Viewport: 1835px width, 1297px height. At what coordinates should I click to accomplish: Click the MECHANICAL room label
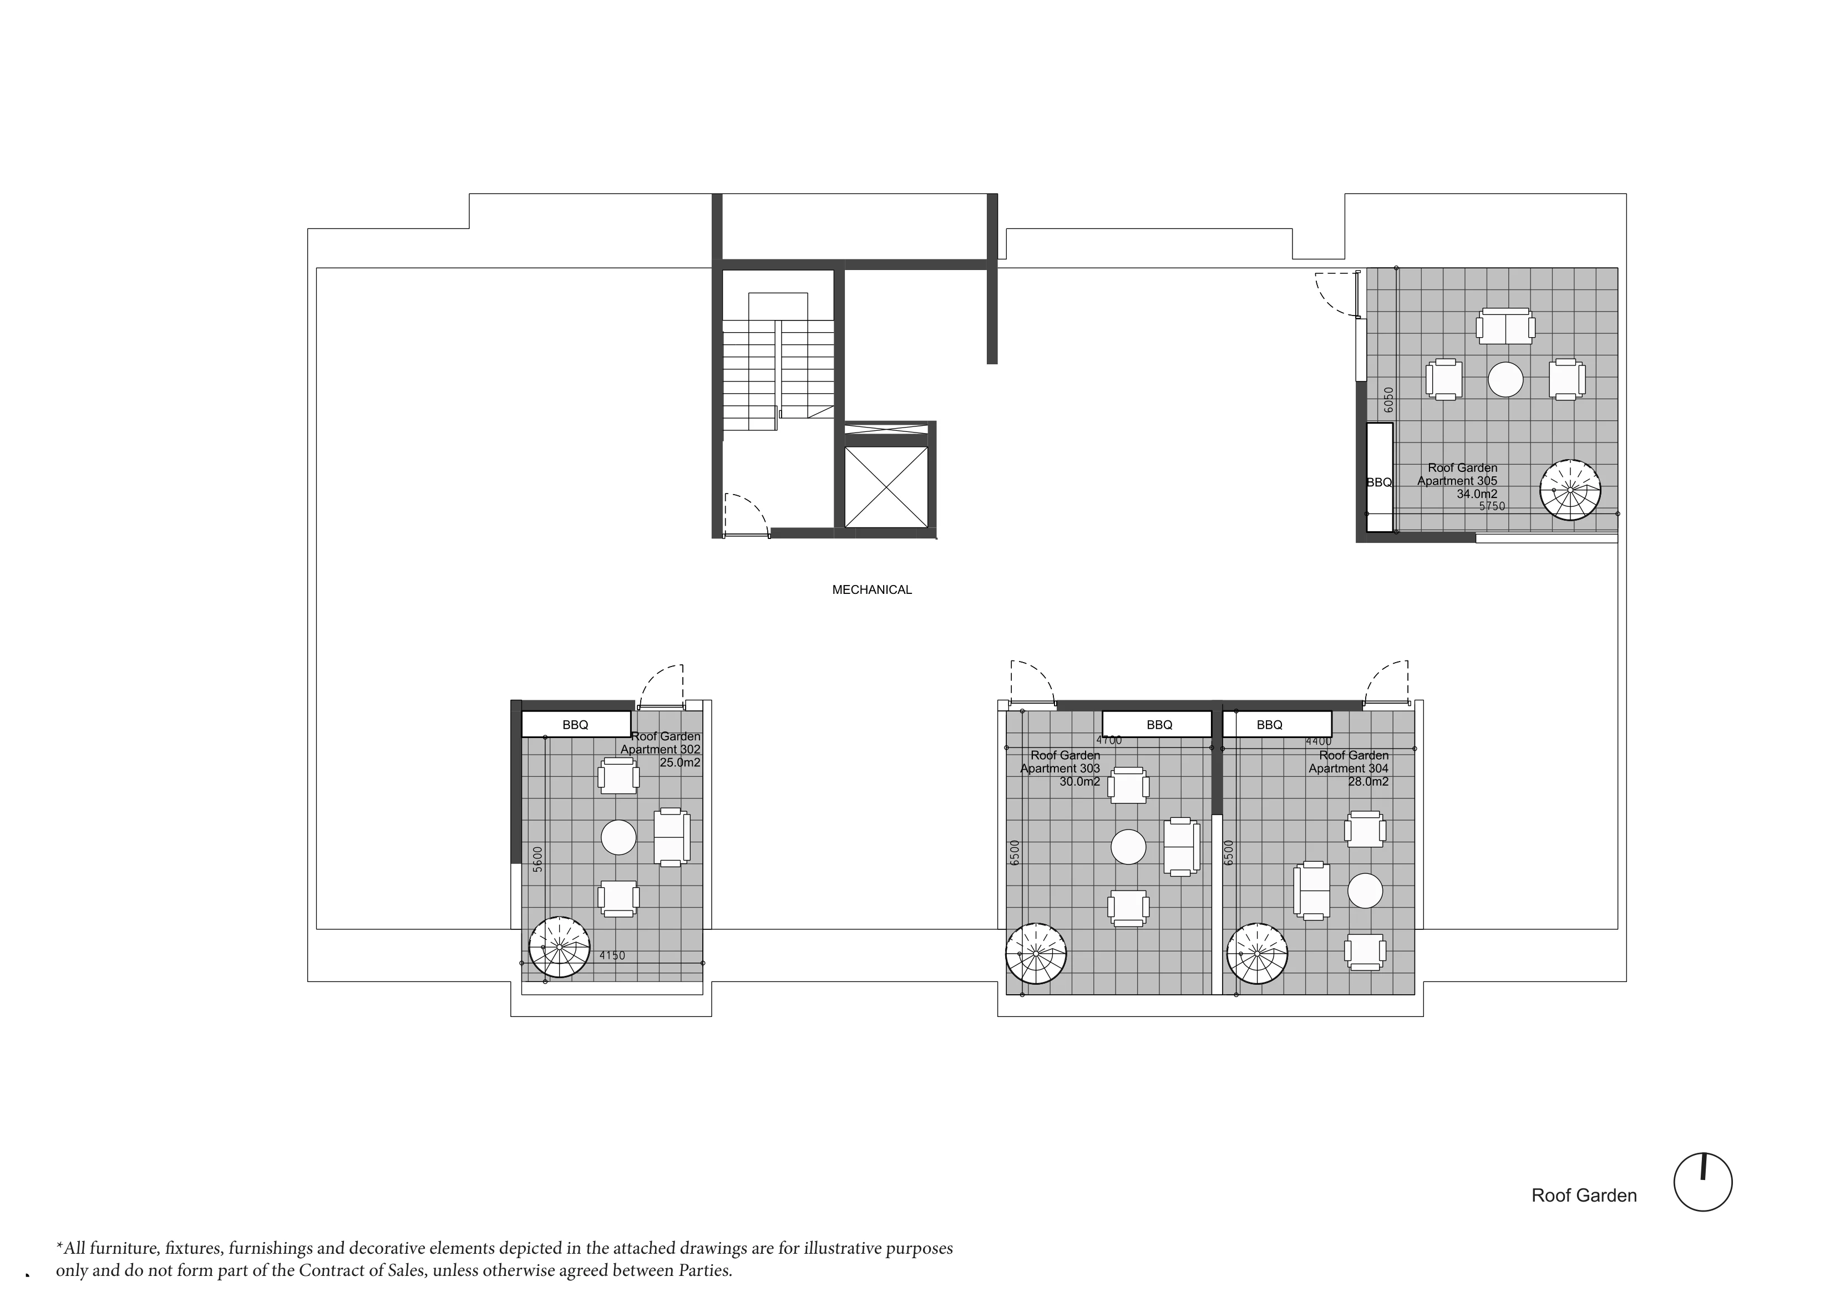tap(872, 590)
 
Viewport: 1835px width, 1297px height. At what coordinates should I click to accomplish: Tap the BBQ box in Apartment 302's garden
tap(575, 725)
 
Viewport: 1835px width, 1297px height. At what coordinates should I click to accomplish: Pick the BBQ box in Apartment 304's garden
tap(1277, 725)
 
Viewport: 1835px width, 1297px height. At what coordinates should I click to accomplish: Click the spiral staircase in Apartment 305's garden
tap(1570, 490)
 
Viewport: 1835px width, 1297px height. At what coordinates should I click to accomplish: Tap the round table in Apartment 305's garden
tap(1505, 380)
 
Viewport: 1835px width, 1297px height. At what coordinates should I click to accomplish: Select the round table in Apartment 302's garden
tap(619, 837)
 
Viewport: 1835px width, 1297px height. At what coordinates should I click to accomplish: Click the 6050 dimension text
tap(1388, 400)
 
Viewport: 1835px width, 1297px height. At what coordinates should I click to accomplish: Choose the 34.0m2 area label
tap(1477, 494)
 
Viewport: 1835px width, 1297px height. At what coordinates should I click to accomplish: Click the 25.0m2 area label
tap(680, 762)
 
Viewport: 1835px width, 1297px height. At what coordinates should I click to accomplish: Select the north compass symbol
tap(1703, 1182)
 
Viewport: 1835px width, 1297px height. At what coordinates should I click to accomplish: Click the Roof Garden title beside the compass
tap(1584, 1196)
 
